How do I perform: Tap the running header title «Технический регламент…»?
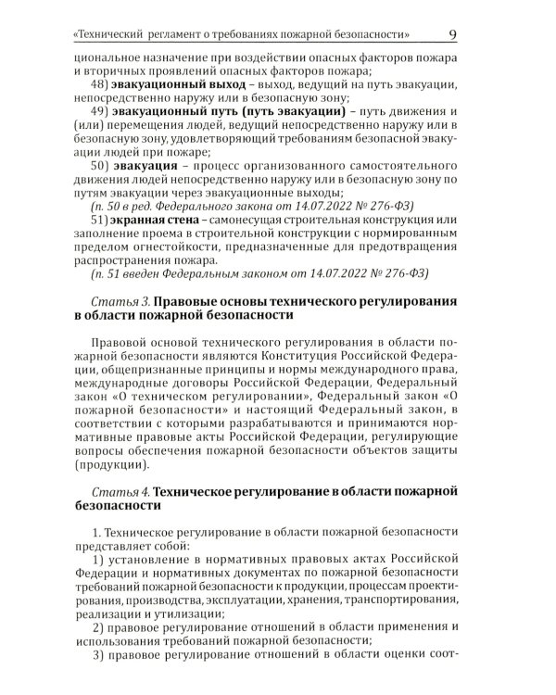click(x=242, y=36)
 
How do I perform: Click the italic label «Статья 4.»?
click(x=120, y=489)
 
